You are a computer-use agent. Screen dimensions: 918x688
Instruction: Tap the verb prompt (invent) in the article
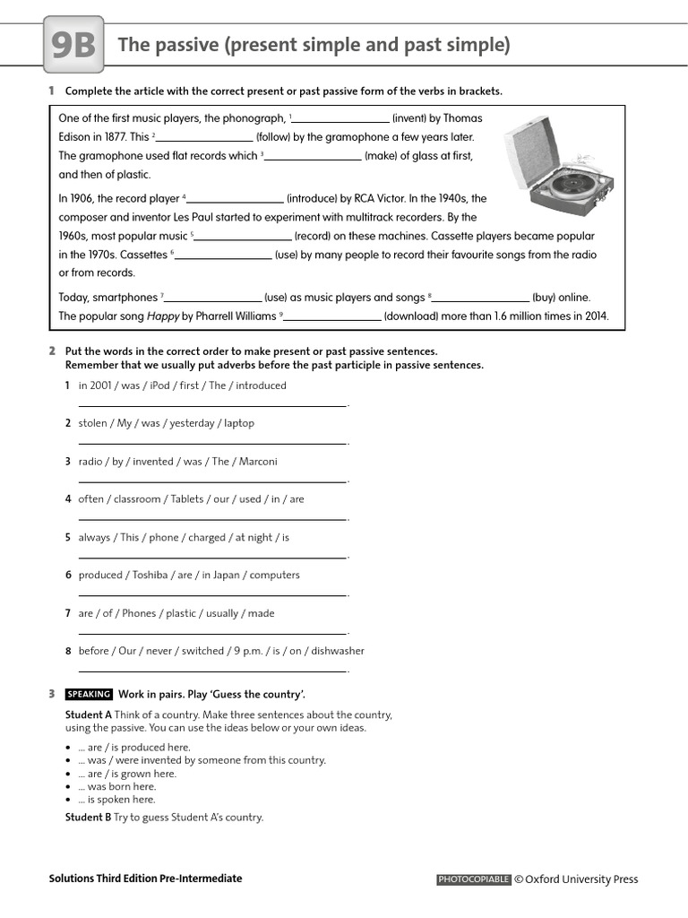416,118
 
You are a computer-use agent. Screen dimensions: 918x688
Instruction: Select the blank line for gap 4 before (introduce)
235,199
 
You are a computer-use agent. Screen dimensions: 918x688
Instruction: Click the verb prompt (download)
416,316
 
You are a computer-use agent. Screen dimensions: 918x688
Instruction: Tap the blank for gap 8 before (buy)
482,298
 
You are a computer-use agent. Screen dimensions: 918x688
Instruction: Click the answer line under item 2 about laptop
212,443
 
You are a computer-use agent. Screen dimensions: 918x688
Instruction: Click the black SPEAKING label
89,694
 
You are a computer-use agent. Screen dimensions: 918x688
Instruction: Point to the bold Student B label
88,817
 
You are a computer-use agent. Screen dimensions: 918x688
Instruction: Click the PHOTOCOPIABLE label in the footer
473,879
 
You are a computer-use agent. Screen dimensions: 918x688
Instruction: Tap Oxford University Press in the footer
581,879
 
